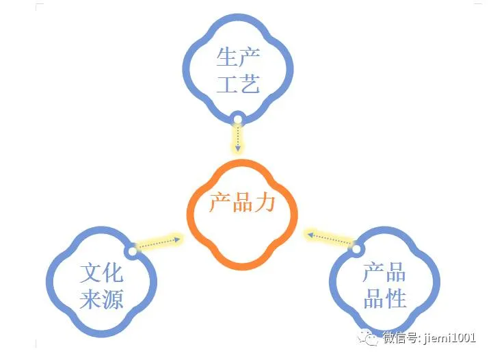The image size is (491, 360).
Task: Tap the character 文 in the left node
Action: tap(91, 274)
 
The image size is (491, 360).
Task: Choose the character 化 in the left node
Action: tap(113, 274)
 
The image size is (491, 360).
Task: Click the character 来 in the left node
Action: tap(91, 300)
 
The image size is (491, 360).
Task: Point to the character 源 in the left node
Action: tap(113, 300)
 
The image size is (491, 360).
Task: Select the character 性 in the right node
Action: tap(396, 298)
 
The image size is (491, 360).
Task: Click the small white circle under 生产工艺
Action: tap(238, 120)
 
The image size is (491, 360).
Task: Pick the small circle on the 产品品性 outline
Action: tap(356, 248)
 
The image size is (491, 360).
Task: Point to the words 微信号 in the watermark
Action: tap(403, 337)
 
